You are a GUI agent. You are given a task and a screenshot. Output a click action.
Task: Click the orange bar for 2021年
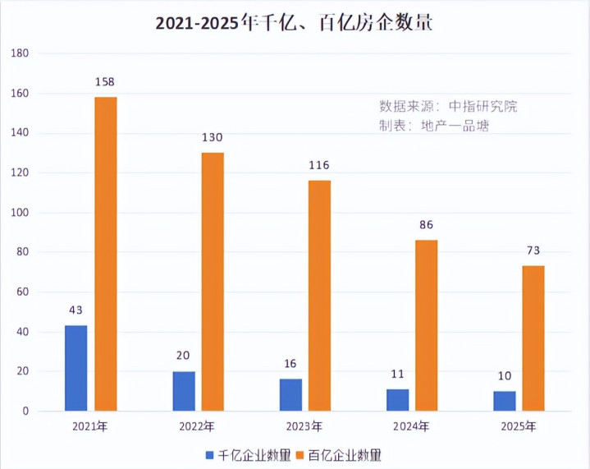[105, 254]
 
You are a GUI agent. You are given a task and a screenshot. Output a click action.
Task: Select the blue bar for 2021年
[75, 368]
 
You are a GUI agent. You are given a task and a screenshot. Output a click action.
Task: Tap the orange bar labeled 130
[212, 282]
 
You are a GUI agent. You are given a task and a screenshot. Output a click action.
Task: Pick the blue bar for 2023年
[290, 394]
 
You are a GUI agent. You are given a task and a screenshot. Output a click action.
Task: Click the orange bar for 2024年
[426, 325]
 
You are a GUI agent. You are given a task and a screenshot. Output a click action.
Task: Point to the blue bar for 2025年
[504, 401]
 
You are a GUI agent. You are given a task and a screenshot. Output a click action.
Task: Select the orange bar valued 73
[533, 338]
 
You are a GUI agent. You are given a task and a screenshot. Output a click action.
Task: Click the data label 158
[105, 82]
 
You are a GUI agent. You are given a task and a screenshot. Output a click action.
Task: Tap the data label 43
[75, 310]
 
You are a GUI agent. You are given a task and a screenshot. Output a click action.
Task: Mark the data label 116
[318, 165]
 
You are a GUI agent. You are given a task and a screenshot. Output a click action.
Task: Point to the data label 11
[397, 374]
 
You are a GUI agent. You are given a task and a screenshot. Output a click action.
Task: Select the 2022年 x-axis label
[197, 427]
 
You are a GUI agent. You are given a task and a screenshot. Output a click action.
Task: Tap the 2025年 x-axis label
[518, 427]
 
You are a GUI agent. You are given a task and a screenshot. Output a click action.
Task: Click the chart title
[295, 22]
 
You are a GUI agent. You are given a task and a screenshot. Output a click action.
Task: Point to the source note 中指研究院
[448, 106]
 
